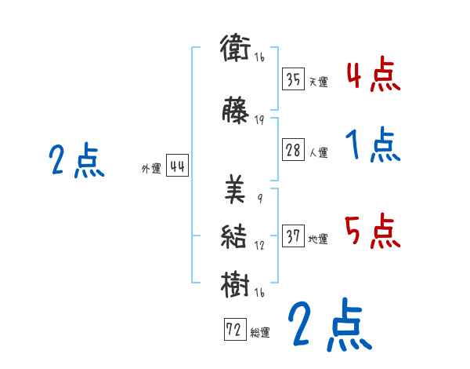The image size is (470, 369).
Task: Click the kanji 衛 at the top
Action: [235, 50]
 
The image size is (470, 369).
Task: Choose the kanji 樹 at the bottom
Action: [235, 283]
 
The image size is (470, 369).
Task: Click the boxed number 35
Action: [293, 79]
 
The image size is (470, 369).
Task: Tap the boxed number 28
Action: [293, 150]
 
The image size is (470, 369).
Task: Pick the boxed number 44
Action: [177, 166]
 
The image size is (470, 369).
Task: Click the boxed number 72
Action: [233, 330]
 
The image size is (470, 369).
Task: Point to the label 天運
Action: [318, 82]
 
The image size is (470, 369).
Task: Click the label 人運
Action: [318, 152]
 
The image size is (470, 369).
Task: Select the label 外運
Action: [150, 168]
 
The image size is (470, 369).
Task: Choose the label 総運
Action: [259, 332]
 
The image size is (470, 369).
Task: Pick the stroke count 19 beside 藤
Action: [259, 120]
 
